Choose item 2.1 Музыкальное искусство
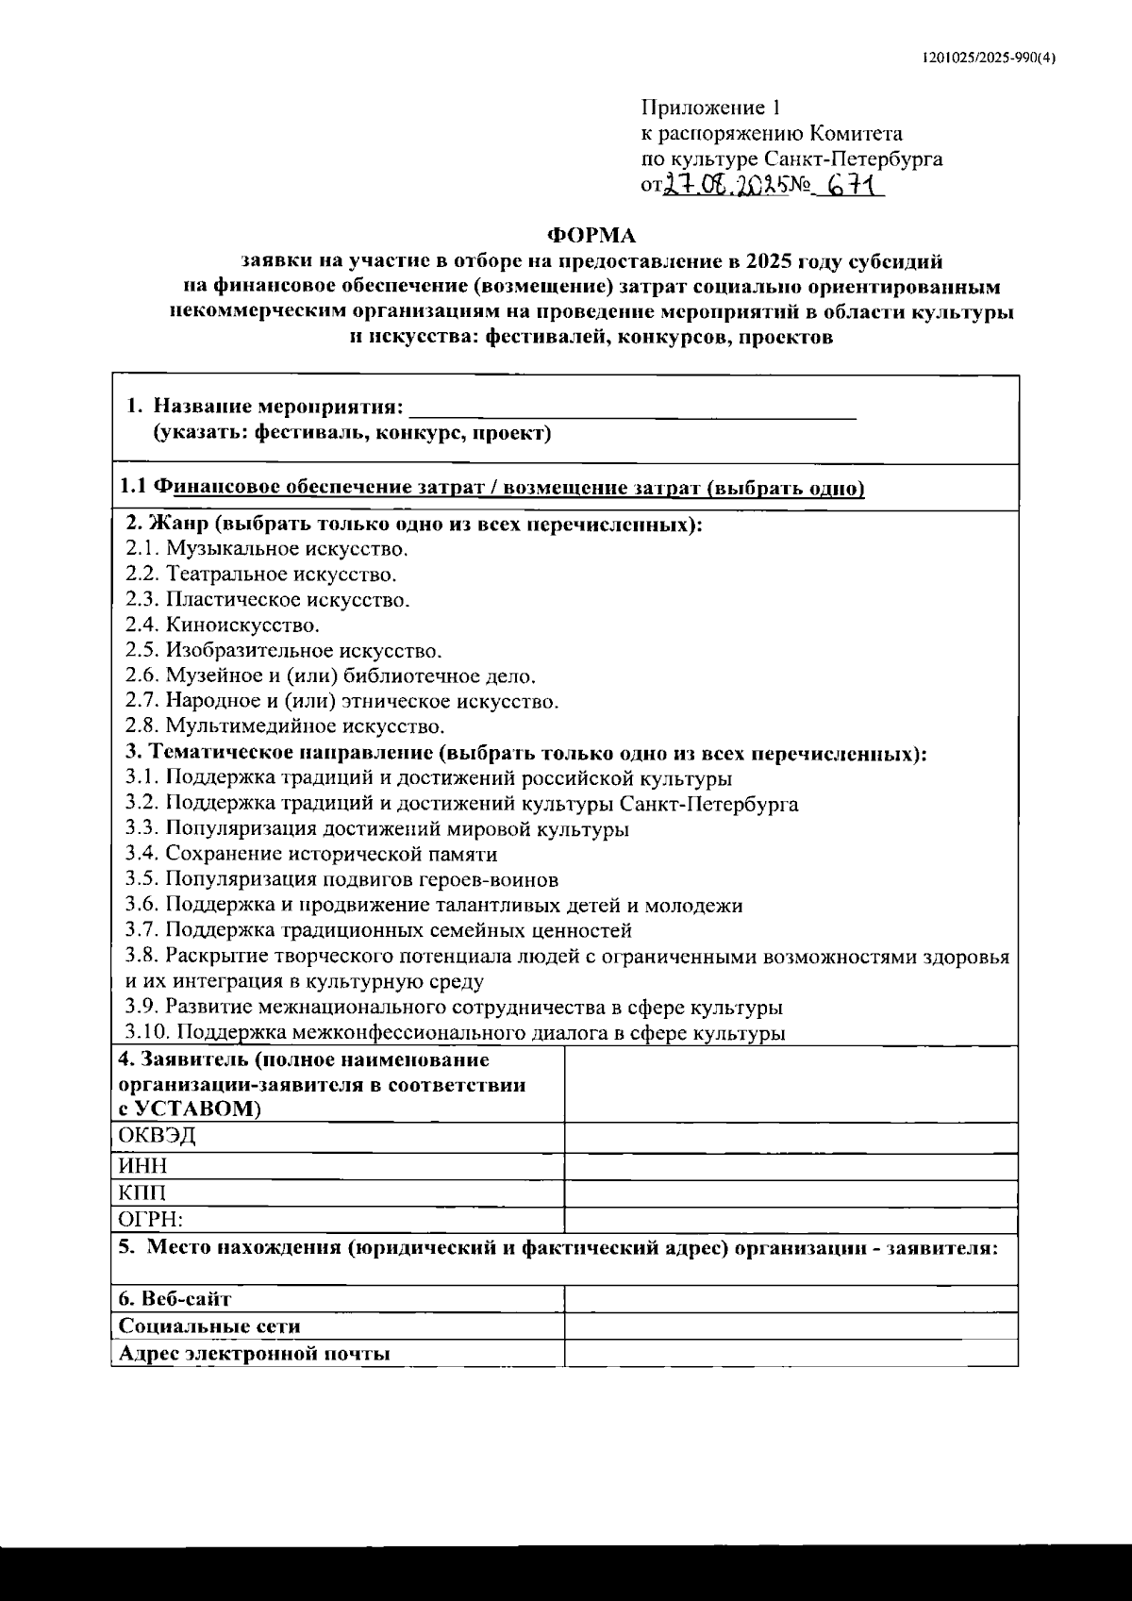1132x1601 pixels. [267, 548]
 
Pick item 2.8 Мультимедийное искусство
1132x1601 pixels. [285, 726]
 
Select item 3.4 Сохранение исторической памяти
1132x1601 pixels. [311, 855]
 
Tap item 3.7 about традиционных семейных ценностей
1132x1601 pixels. [378, 931]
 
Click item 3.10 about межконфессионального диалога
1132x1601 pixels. [456, 1033]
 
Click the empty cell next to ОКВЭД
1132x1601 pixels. [791, 1137]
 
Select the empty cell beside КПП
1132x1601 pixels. [791, 1193]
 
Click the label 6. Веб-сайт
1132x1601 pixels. [175, 1299]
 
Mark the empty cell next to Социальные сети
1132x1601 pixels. [791, 1326]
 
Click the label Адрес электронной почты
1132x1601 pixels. [254, 1354]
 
